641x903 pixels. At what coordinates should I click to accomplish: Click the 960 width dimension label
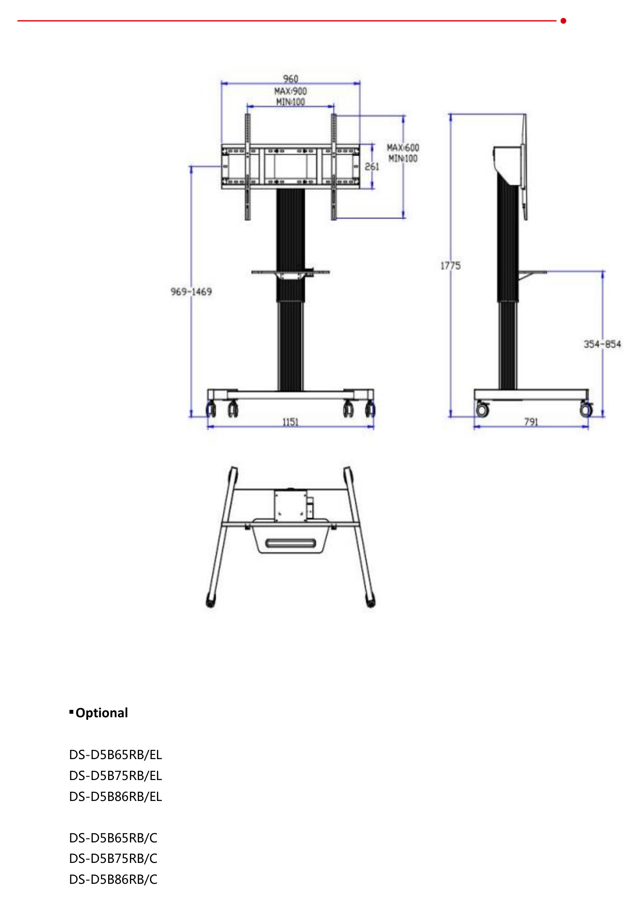pyautogui.click(x=290, y=79)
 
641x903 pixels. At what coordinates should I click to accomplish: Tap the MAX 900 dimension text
pyautogui.click(x=290, y=91)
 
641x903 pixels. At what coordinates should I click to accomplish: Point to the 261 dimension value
pyautogui.click(x=372, y=167)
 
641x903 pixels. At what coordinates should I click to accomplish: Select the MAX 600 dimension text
pyautogui.click(x=403, y=148)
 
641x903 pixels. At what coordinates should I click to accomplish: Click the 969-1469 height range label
pyautogui.click(x=191, y=292)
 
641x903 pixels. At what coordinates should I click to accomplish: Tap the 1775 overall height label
pyautogui.click(x=450, y=266)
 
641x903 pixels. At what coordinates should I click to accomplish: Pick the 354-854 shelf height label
pyautogui.click(x=602, y=344)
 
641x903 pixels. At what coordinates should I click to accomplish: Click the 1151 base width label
pyautogui.click(x=290, y=422)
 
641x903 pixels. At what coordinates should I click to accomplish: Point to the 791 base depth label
pyautogui.click(x=531, y=422)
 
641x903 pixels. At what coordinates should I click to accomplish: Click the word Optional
pyautogui.click(x=102, y=713)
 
